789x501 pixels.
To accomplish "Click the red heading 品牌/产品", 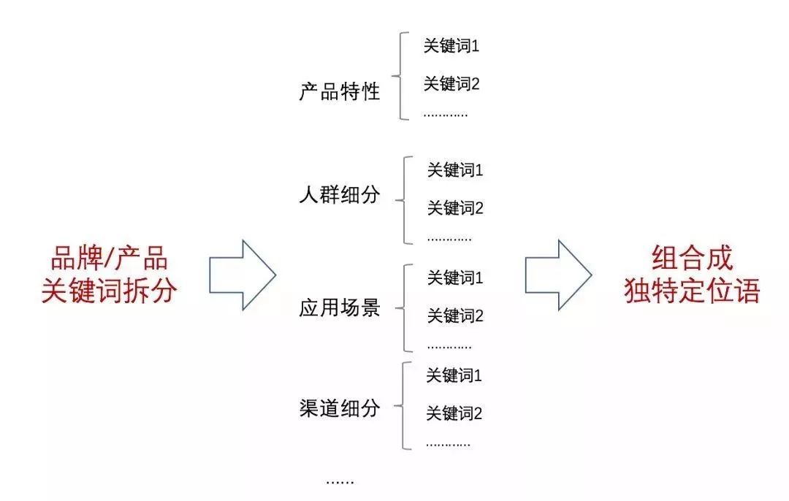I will tap(109, 259).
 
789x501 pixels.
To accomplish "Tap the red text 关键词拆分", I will tap(109, 291).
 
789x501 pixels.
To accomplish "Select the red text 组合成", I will tap(692, 259).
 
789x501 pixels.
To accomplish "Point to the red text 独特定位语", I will tap(692, 291).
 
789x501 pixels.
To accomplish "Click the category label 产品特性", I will tap(340, 92).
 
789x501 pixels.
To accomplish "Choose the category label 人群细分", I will tap(340, 195).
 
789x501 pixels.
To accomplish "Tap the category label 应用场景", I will tap(340, 308).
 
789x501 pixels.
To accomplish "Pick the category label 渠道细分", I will tap(340, 408).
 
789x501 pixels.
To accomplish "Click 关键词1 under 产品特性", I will tap(451, 46).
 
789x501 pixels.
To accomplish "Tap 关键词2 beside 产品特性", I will tap(451, 84).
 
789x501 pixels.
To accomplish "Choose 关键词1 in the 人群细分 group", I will tap(455, 171).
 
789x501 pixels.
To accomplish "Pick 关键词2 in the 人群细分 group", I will tap(455, 209).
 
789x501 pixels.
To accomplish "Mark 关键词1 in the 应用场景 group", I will tap(455, 278).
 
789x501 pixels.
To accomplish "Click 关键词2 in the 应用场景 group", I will tap(455, 316).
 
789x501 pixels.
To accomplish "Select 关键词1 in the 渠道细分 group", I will tap(454, 376).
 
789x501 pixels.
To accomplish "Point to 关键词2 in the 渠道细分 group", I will tap(454, 414).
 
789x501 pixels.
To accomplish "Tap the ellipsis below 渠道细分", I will tap(340, 481).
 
